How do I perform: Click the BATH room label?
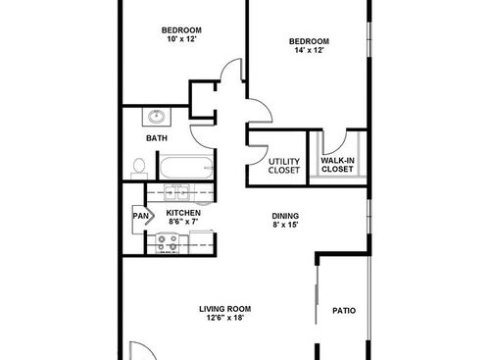pyautogui.click(x=157, y=138)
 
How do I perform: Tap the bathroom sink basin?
pyautogui.click(x=156, y=118)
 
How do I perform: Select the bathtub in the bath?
pyautogui.click(x=186, y=169)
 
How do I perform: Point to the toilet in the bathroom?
pyautogui.click(x=138, y=168)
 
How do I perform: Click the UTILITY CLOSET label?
pyautogui.click(x=284, y=165)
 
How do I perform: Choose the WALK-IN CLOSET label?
pyautogui.click(x=337, y=165)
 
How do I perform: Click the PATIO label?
pyautogui.click(x=343, y=311)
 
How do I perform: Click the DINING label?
pyautogui.click(x=285, y=216)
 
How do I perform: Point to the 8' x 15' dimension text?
pyautogui.click(x=285, y=227)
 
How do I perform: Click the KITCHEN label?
pyautogui.click(x=183, y=213)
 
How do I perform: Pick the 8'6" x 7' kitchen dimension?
pyautogui.click(x=183, y=223)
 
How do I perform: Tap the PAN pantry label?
pyautogui.click(x=139, y=216)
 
